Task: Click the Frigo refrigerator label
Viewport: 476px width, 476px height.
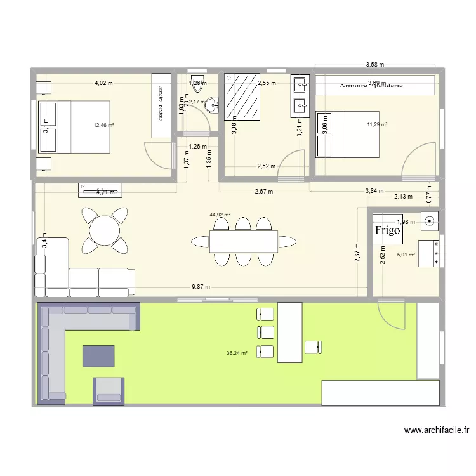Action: coord(388,230)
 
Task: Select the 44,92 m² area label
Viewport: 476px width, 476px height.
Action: coord(220,215)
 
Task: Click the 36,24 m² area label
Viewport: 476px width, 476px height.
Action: coord(236,354)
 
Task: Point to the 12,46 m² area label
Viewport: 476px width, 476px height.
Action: coord(103,125)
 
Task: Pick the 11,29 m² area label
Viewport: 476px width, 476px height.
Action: coord(377,124)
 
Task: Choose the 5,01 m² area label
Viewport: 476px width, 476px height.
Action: coord(406,255)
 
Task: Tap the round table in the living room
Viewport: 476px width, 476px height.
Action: coord(102,230)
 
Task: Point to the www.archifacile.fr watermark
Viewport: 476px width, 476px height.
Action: coord(437,430)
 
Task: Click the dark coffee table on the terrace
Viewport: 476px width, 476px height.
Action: coord(98,356)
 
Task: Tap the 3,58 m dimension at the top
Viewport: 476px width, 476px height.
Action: coord(375,65)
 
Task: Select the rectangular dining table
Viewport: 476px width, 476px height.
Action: coord(244,241)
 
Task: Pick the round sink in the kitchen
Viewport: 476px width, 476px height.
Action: coord(430,221)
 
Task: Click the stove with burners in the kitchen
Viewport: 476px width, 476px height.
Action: coord(430,252)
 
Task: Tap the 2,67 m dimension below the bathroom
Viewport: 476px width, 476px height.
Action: coord(263,191)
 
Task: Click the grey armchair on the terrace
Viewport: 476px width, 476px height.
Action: coord(109,391)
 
